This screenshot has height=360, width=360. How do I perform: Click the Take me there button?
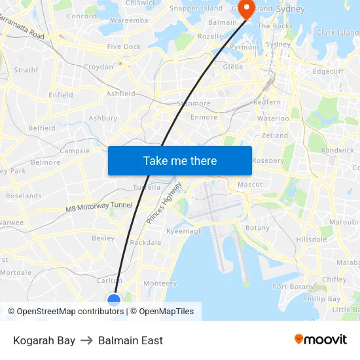pyautogui.click(x=180, y=160)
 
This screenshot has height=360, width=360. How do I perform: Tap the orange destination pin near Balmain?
pyautogui.click(x=247, y=9)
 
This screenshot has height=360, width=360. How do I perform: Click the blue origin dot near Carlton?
pyautogui.click(x=114, y=300)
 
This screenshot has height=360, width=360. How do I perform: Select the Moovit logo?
pyautogui.click(x=320, y=340)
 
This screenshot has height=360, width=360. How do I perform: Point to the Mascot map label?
pyautogui.click(x=250, y=185)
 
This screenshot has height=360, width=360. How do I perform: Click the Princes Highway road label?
pyautogui.click(x=164, y=204)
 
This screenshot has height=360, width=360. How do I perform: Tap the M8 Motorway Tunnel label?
pyautogui.click(x=99, y=207)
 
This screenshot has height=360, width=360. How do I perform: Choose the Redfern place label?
pyautogui.click(x=267, y=103)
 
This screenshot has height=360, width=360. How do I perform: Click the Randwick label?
pyautogui.click(x=337, y=151)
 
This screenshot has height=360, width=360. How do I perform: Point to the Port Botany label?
pyautogui.click(x=293, y=287)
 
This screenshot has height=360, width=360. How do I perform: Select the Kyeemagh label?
pyautogui.click(x=185, y=231)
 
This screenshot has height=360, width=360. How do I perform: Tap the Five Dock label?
pyautogui.click(x=124, y=47)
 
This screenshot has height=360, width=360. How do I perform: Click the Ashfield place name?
pyautogui.click(x=121, y=94)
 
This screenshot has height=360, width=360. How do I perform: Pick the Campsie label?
pyautogui.click(x=75, y=151)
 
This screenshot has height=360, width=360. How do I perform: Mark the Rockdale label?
pyautogui.click(x=146, y=243)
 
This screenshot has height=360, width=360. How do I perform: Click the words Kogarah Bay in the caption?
pyautogui.click(x=44, y=340)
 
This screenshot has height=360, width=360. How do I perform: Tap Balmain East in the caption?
pyautogui.click(x=130, y=340)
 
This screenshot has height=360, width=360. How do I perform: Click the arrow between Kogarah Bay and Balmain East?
pyautogui.click(x=86, y=340)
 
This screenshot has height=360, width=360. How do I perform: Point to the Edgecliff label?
pyautogui.click(x=328, y=72)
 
